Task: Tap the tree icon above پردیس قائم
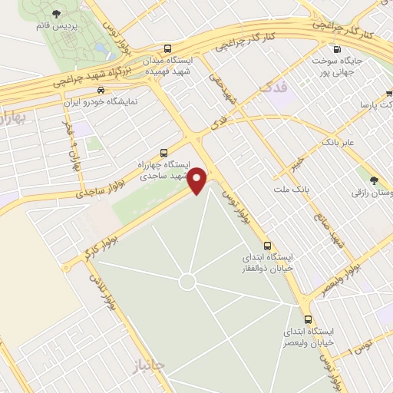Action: pos(56,13)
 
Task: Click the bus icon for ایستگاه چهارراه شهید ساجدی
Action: pos(163,152)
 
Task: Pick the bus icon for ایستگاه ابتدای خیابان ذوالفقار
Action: pos(266,246)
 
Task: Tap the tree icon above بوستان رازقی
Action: pos(375,181)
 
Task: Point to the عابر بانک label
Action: pos(338,143)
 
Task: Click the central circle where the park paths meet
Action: pos(187,282)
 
